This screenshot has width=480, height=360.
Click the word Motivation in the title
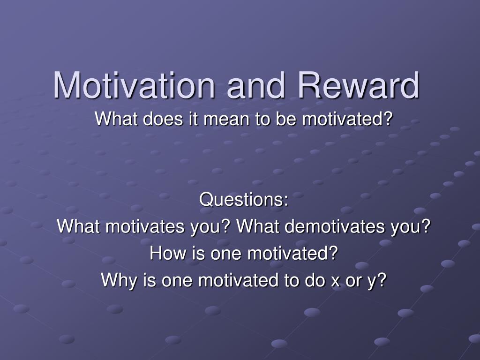pyautogui.click(x=134, y=85)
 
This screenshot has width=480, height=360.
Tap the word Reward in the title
pyautogui.click(x=359, y=85)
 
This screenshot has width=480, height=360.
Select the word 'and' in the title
pyautogui.click(x=256, y=85)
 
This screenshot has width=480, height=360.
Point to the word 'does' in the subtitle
pyautogui.click(x=163, y=119)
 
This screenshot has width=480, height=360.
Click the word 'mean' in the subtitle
pyautogui.click(x=226, y=120)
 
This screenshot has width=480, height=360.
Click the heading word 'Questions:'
pyautogui.click(x=244, y=199)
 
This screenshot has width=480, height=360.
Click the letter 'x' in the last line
pyautogui.click(x=335, y=281)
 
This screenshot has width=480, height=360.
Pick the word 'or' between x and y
pyautogui.click(x=353, y=281)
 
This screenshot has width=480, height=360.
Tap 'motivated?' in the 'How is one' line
pyautogui.click(x=292, y=253)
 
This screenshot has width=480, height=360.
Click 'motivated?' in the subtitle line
pyautogui.click(x=347, y=119)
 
